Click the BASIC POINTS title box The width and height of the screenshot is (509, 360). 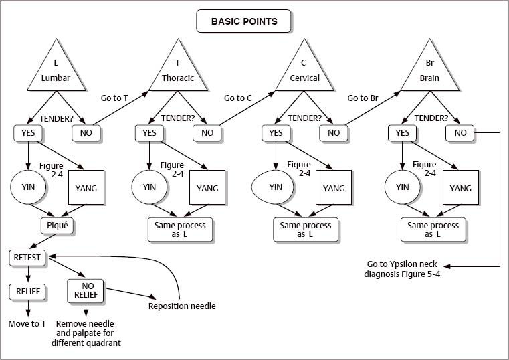[x=244, y=21]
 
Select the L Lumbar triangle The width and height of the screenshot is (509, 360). [x=56, y=70]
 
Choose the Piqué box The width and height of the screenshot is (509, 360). [x=56, y=225]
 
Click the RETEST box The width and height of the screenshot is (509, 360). [x=27, y=257]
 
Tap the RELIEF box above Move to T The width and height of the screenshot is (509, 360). [x=27, y=292]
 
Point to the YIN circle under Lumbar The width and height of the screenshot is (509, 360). [x=28, y=187]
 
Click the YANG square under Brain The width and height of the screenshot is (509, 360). [x=460, y=188]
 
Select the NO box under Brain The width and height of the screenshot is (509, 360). [x=460, y=133]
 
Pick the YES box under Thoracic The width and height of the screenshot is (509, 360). [x=150, y=133]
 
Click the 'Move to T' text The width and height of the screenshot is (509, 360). [x=27, y=324]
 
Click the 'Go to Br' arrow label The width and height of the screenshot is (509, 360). [x=363, y=98]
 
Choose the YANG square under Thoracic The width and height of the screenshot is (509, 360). [x=207, y=188]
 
